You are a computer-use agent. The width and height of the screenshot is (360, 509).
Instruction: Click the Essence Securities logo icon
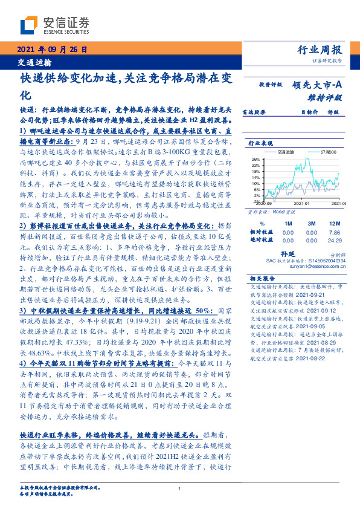(28, 26)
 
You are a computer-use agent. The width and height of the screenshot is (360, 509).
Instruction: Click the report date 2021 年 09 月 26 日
(53, 50)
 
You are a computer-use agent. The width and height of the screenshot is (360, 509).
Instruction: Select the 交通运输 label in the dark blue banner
(34, 62)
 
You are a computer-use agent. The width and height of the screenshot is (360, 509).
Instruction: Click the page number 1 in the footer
(180, 488)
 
